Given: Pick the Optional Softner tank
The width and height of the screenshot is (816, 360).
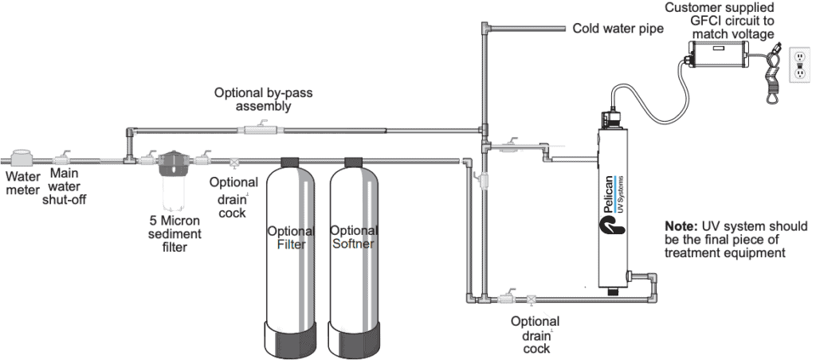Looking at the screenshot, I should (x=355, y=239).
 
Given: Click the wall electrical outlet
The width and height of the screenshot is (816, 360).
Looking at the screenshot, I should (x=799, y=65).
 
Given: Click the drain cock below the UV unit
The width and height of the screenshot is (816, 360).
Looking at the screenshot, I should (x=532, y=300).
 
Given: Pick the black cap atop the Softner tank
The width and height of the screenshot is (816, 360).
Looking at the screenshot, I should (x=355, y=161).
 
